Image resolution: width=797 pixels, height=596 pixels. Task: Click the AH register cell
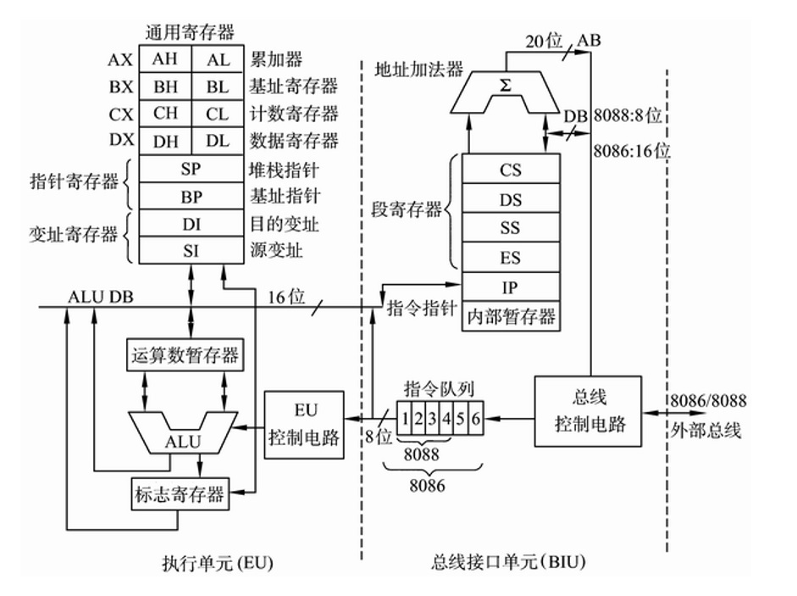tap(165, 60)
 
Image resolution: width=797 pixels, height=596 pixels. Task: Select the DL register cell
tap(217, 140)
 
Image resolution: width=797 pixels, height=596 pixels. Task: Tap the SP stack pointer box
tap(191, 168)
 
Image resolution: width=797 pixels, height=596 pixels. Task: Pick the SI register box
tap(191, 250)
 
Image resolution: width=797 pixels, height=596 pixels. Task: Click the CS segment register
tap(510, 170)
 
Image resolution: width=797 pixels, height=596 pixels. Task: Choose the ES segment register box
tap(510, 257)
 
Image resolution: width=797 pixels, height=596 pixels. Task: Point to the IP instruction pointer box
tap(510, 287)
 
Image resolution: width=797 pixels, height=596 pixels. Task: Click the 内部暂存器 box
tap(510, 316)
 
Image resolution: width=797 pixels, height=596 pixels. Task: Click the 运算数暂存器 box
tap(184, 354)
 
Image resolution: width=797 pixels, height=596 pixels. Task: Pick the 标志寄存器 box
tap(179, 493)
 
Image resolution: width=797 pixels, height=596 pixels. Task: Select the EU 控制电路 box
tap(304, 425)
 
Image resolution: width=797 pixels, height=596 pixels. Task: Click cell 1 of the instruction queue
tap(407, 418)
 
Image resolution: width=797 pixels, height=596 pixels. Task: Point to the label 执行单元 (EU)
tap(219, 563)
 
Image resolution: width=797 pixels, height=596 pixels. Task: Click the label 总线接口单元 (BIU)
tap(508, 563)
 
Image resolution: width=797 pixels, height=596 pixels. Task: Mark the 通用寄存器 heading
tap(190, 34)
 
